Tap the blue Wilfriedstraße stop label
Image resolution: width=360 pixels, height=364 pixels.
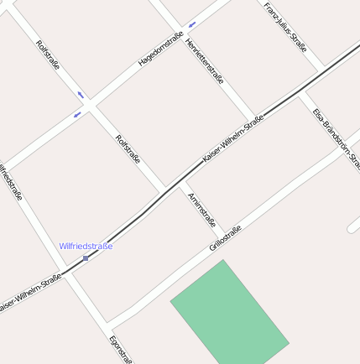coord(86,247)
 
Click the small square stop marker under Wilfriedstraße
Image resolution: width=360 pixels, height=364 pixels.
coord(86,257)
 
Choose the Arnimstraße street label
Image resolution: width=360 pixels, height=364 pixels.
coord(202,210)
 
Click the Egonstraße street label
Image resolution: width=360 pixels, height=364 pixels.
coord(121,349)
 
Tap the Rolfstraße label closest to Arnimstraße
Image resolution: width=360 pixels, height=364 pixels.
coord(128,149)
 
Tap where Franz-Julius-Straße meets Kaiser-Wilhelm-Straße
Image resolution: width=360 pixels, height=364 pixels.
coord(322,70)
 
